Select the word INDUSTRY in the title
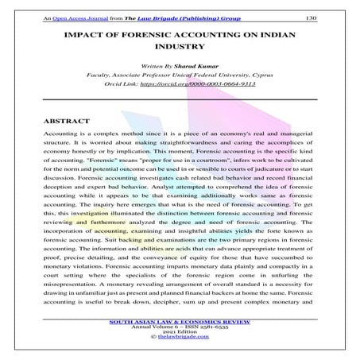coord(180,51)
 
